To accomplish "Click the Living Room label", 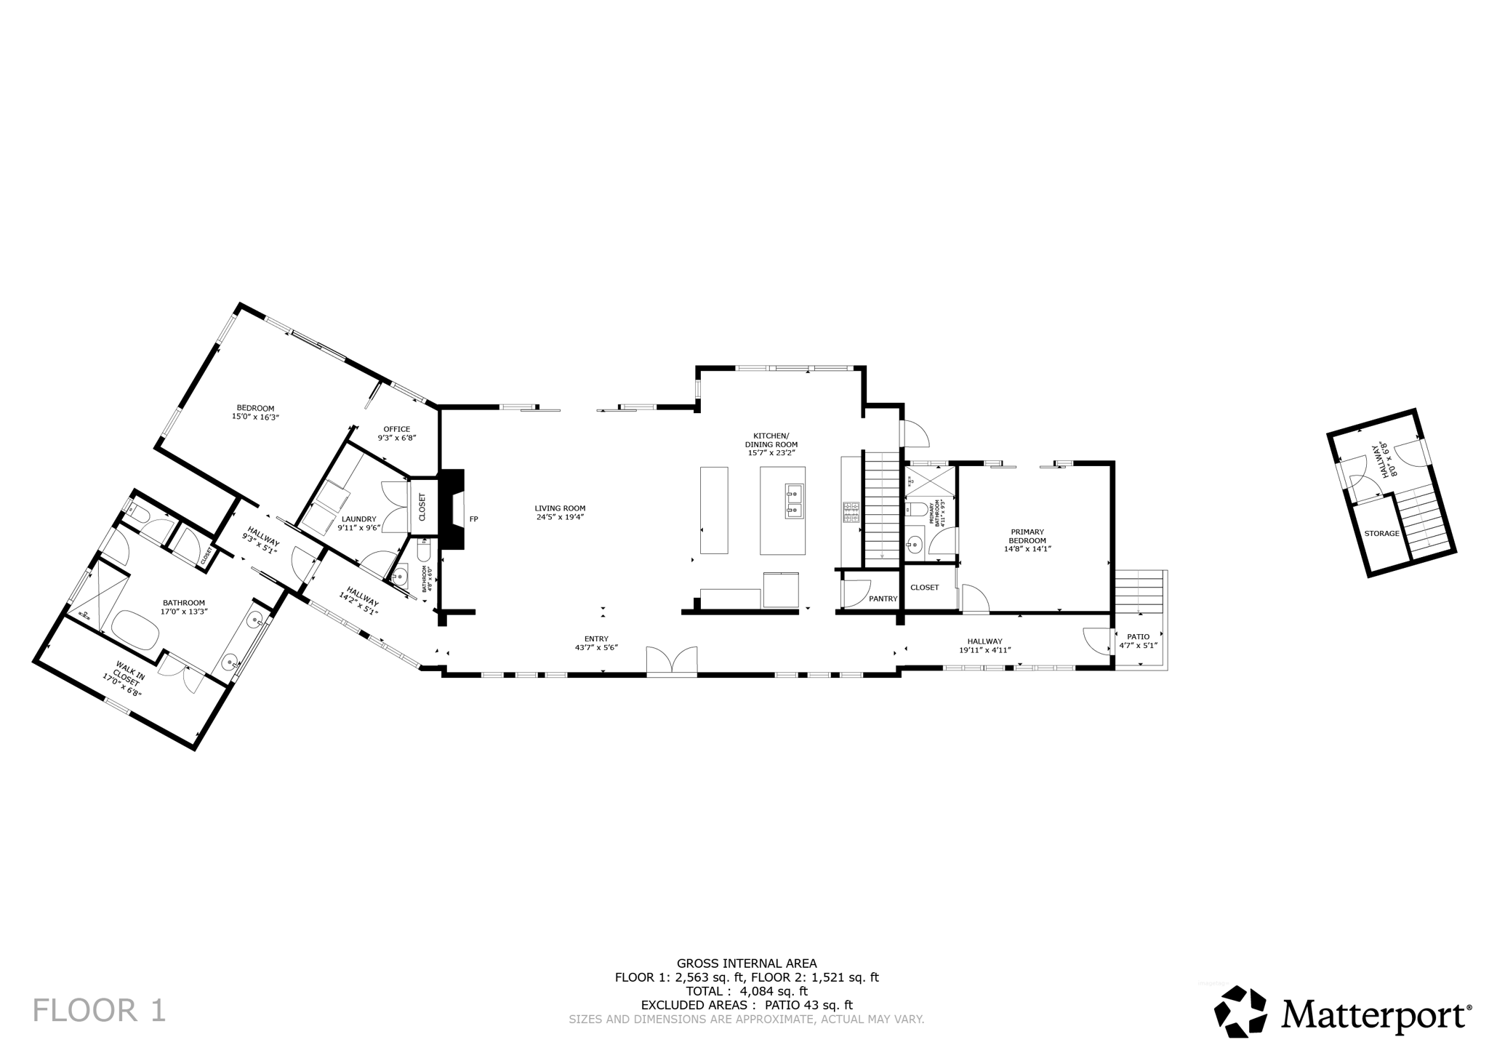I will tap(560, 513).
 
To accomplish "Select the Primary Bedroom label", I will tap(1027, 540).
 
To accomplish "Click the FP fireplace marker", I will tap(474, 519).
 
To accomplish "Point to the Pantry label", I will tap(883, 598).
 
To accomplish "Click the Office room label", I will tap(396, 433).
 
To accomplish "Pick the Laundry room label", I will tap(358, 523).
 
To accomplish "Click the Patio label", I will tap(1138, 641).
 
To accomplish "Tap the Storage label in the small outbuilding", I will tap(1381, 533).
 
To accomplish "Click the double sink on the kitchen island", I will tap(793, 503).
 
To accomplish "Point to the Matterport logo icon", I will tap(1240, 1012).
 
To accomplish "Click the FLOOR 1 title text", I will tap(100, 1011).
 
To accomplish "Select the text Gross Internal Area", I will tap(747, 963).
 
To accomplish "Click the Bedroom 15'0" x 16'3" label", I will tap(255, 412).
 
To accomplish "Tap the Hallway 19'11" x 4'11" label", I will tap(984, 646).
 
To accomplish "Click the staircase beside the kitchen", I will tap(882, 507).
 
